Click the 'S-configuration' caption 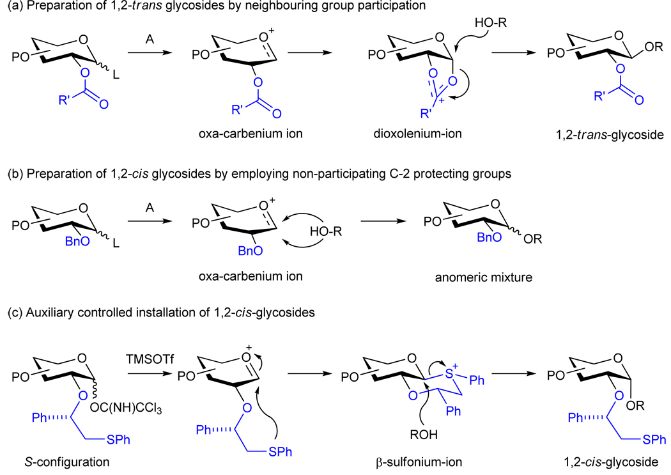pos(47,462)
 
